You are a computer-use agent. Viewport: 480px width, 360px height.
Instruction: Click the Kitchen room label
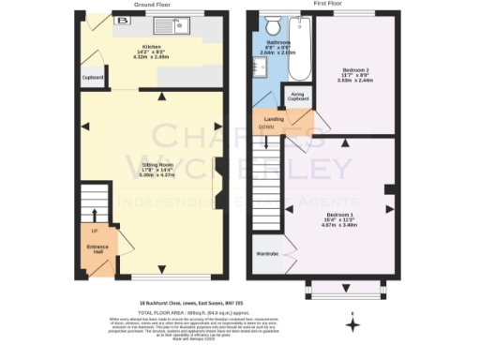152,44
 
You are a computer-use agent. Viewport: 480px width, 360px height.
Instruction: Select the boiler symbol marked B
121,19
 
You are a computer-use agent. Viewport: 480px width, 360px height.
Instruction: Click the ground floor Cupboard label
92,78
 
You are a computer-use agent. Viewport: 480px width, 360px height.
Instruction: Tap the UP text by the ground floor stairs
94,230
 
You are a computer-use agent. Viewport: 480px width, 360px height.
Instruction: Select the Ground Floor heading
152,5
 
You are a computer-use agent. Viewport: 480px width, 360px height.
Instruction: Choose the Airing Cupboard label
298,96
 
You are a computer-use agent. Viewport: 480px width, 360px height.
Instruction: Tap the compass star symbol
352,325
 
